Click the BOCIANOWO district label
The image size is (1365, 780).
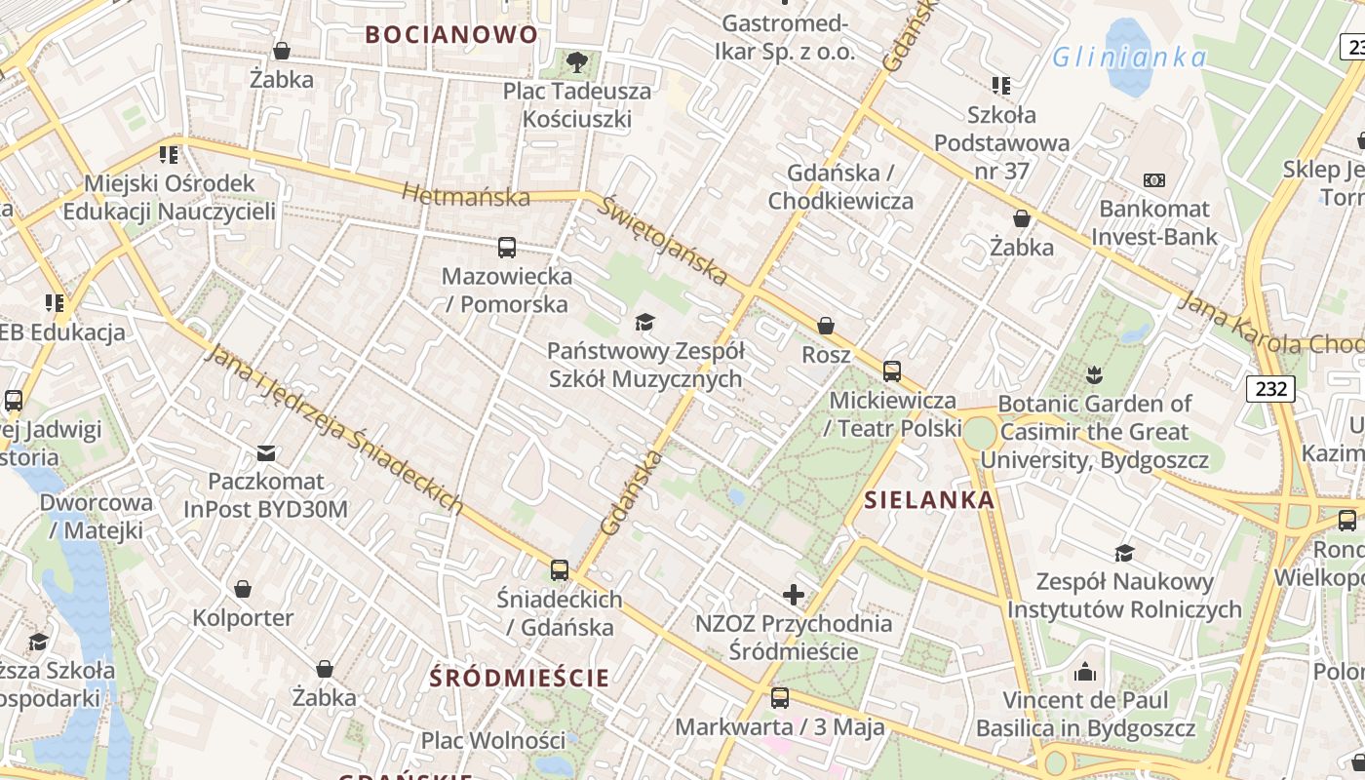click(x=451, y=34)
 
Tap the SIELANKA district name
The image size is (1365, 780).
click(x=929, y=500)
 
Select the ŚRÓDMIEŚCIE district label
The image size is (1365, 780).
click(x=521, y=678)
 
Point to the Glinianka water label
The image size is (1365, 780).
click(x=1130, y=57)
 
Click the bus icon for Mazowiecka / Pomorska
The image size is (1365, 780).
click(x=507, y=248)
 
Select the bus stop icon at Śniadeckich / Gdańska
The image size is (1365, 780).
click(x=560, y=570)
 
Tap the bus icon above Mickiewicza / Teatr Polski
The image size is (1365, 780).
click(x=892, y=371)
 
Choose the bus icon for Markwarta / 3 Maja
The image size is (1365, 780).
click(x=780, y=698)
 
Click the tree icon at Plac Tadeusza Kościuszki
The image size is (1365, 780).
click(x=577, y=63)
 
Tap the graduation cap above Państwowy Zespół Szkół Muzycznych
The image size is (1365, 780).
click(x=644, y=322)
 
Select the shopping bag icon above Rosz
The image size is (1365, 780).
click(x=826, y=326)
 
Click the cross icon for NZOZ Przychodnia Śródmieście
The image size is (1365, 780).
click(x=794, y=594)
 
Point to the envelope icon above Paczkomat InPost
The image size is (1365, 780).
click(x=266, y=452)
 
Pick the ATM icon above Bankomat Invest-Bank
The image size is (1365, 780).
click(x=1154, y=180)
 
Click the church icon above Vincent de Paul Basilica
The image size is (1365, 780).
click(x=1085, y=672)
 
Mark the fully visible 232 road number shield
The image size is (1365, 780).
click(x=1270, y=389)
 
